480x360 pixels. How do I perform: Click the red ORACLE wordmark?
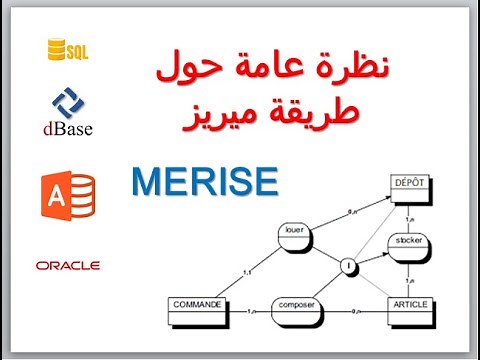point(68,265)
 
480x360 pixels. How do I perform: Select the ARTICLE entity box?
point(411,307)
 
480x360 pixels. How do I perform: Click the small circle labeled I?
point(347,267)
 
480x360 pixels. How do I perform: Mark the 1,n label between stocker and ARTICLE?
point(413,276)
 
